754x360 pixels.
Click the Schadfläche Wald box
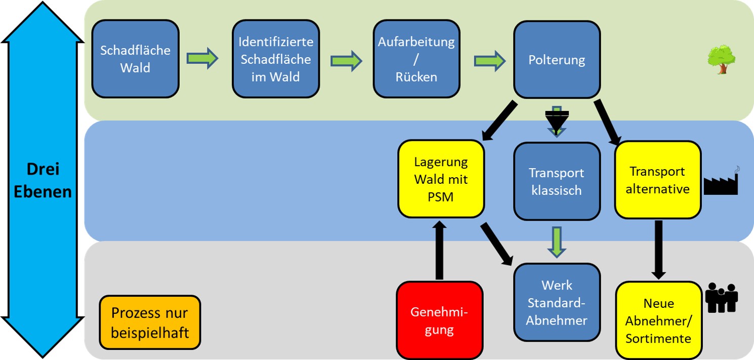coord(135,59)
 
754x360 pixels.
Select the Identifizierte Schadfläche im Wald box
coord(276,59)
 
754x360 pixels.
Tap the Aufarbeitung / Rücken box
coord(416,59)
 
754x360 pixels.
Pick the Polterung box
coord(557,60)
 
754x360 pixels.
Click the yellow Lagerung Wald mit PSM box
coord(441,179)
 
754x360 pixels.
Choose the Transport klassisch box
coord(557,181)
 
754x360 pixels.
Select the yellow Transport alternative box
coord(657,180)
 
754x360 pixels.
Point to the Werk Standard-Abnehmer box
coord(557,302)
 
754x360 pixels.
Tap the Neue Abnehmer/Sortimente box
coord(658,321)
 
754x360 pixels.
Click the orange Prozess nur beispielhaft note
coord(150,323)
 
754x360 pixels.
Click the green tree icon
coord(720,59)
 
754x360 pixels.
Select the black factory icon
coord(721,182)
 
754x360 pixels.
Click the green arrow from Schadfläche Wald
coord(202,59)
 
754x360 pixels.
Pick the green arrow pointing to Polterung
coord(489,61)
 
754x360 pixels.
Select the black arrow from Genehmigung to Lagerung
coord(439,250)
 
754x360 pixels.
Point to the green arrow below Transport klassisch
coord(557,242)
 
